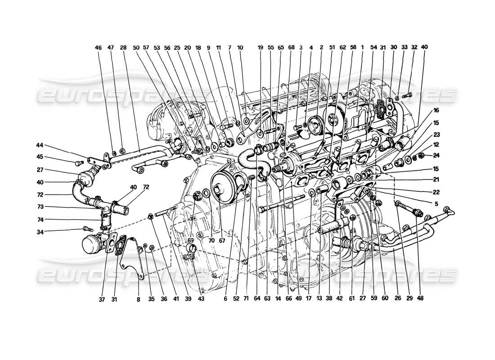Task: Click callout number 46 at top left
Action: pos(99,47)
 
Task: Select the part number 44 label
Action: pos(40,145)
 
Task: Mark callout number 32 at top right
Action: pos(414,47)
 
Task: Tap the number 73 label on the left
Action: pos(40,208)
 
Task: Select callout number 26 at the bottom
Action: pos(397,297)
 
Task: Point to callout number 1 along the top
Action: pos(362,47)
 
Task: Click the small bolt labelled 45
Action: pos(79,162)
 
